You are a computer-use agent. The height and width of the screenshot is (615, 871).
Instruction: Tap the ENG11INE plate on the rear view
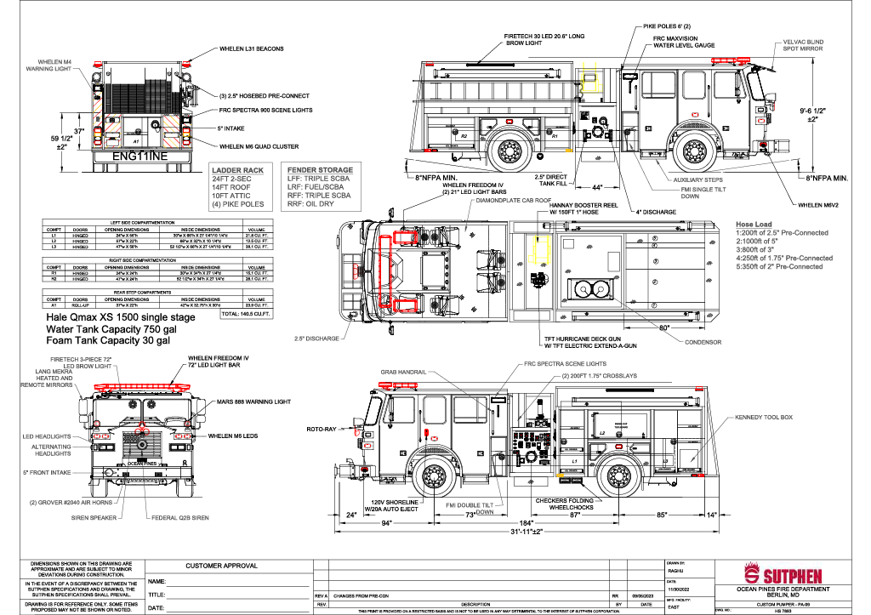pyautogui.click(x=139, y=157)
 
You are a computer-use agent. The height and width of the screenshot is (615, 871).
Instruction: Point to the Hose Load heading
pyautogui.click(x=754, y=224)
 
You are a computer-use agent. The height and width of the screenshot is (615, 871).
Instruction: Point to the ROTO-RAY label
pyautogui.click(x=322, y=430)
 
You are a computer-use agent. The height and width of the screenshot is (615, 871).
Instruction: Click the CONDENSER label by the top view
pyautogui.click(x=703, y=342)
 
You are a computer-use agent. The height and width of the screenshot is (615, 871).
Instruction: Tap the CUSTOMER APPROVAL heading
pyautogui.click(x=221, y=566)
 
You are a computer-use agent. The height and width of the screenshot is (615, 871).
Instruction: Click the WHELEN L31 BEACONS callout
pyautogui.click(x=251, y=49)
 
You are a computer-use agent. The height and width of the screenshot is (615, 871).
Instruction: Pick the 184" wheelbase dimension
pyautogui.click(x=527, y=522)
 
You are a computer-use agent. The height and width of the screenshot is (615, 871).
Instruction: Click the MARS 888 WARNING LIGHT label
pyautogui.click(x=253, y=401)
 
